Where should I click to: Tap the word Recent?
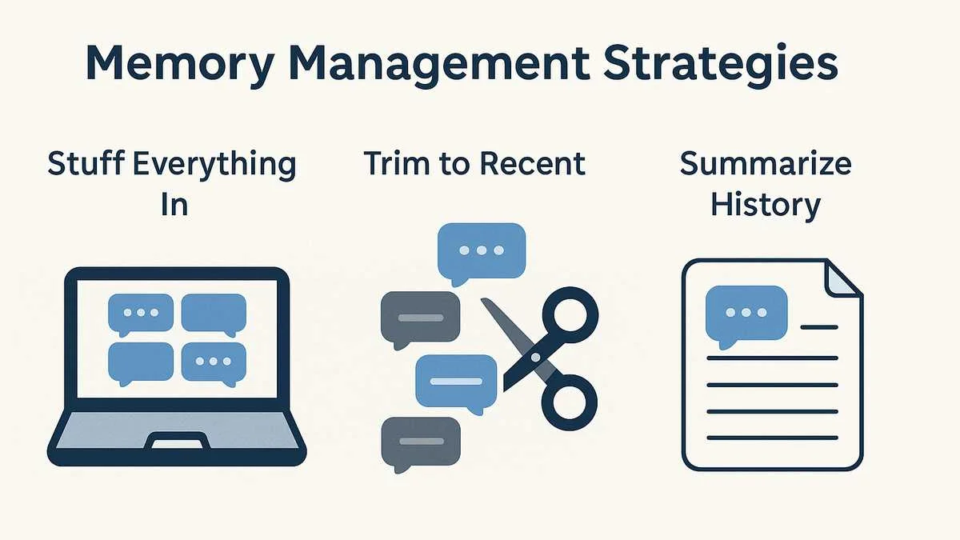click(531, 164)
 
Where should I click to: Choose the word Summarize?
click(765, 164)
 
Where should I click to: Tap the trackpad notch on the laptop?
click(176, 441)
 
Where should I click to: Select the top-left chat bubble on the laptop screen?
click(140, 313)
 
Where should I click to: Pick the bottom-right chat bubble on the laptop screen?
click(214, 362)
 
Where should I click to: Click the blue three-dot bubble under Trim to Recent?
click(481, 250)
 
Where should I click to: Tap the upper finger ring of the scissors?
click(570, 313)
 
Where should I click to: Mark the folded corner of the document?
click(844, 278)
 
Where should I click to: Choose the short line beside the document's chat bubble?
click(818, 326)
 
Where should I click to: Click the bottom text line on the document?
click(772, 438)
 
